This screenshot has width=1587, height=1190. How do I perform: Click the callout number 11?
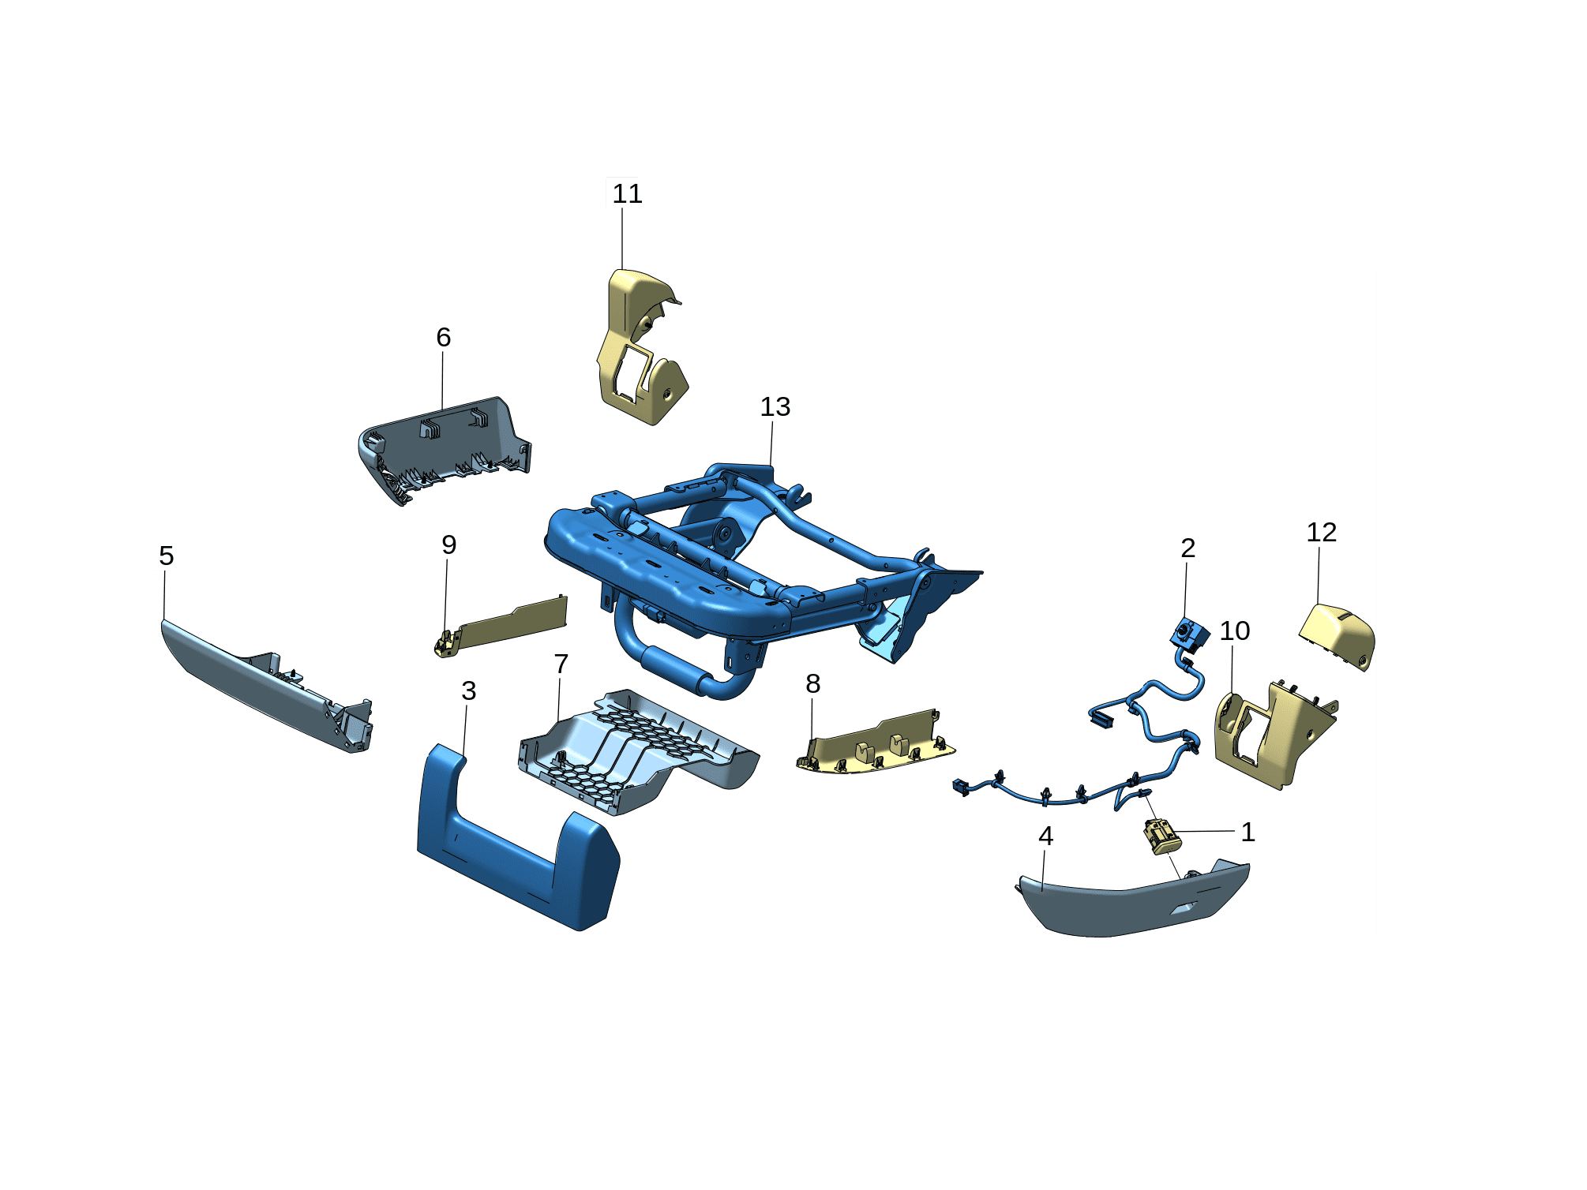pyautogui.click(x=627, y=194)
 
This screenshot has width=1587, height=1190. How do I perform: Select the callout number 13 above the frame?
pyautogui.click(x=775, y=407)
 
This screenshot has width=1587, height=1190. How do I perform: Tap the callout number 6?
pyautogui.click(x=444, y=338)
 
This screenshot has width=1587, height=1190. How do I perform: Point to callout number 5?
pyautogui.click(x=166, y=556)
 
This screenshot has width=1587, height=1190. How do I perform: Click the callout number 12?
pyautogui.click(x=1321, y=533)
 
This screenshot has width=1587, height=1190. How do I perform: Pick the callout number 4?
pyautogui.click(x=1046, y=836)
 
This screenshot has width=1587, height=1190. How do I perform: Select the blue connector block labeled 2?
pyautogui.click(x=1189, y=634)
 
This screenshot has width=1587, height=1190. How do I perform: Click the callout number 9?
pyautogui.click(x=449, y=545)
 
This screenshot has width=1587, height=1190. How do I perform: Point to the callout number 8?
pyautogui.click(x=812, y=684)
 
